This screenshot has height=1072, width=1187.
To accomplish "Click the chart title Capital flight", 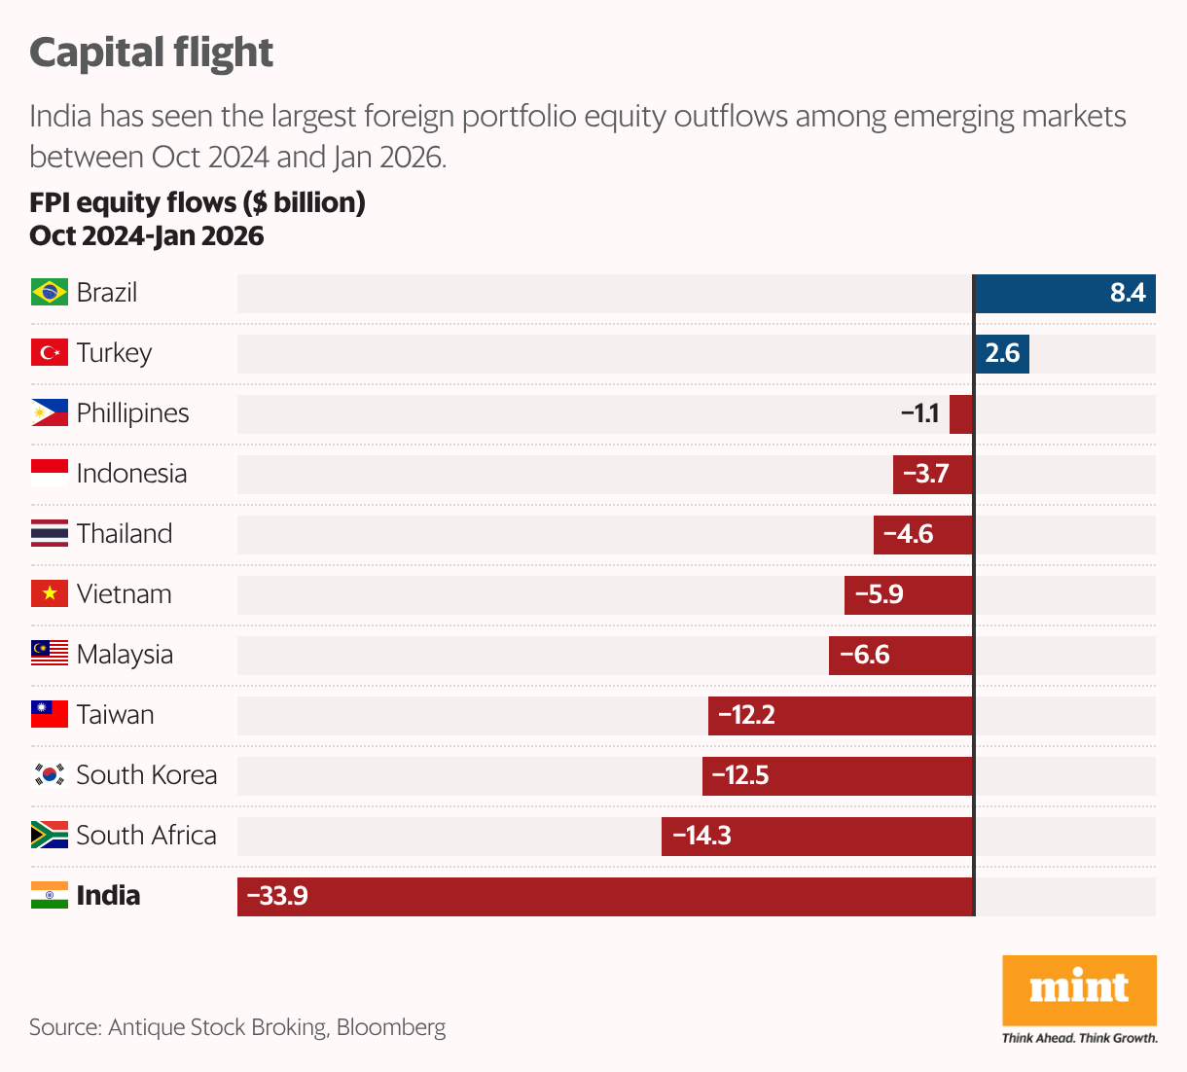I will (151, 53).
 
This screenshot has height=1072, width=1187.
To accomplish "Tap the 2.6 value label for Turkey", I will (1002, 353).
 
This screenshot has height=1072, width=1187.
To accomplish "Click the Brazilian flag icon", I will (49, 292).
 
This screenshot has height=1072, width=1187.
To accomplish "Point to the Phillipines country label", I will (132, 413).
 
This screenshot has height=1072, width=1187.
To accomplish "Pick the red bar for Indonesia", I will (932, 474).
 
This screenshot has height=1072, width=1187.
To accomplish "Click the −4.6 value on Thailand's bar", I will (908, 534).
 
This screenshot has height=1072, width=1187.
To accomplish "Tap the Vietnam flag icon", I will (49, 593).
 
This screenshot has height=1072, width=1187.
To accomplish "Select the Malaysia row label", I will (125, 655).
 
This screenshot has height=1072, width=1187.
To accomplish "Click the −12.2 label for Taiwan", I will (746, 715).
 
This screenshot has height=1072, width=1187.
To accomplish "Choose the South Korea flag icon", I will (49, 774).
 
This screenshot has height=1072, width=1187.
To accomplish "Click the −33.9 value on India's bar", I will (277, 896).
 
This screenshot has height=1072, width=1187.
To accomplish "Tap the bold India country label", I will (108, 896).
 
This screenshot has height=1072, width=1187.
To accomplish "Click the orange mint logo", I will (1079, 989).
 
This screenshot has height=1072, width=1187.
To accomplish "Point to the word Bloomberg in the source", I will (390, 1027).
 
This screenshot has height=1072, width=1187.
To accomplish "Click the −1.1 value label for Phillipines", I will (919, 413).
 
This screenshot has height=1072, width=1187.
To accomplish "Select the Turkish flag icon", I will (49, 352).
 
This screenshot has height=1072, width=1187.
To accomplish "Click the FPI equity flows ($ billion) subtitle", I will (198, 202).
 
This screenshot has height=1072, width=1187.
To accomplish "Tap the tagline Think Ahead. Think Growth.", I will (1079, 1038).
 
